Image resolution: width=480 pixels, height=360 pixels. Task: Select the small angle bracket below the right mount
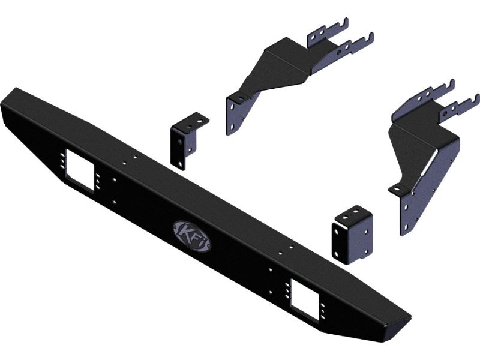[x=352, y=235]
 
